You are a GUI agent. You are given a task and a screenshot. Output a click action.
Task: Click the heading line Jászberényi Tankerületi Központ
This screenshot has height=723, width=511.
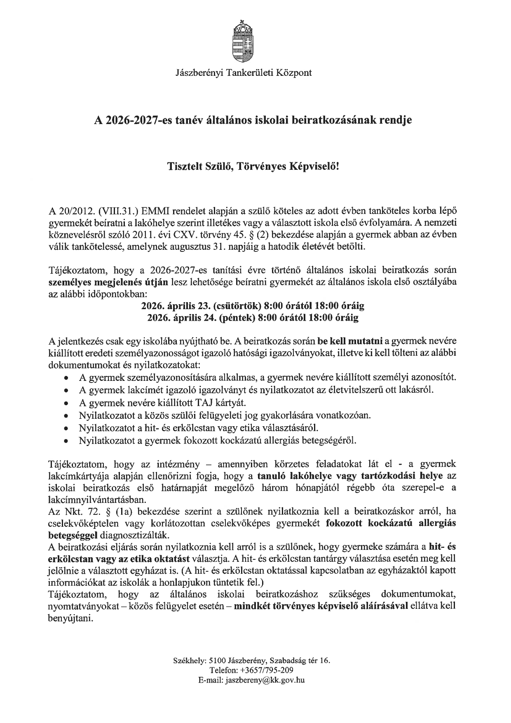pos(244,73)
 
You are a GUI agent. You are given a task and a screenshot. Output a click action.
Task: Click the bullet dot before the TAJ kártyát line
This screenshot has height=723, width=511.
pos(66,403)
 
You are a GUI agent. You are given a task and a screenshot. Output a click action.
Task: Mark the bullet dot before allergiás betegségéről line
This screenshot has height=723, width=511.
pos(66,441)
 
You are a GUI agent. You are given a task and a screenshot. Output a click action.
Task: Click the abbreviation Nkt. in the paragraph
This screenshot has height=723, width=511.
pos(74,512)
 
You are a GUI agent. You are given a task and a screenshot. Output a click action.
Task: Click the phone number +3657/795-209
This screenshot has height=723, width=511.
pos(270,670)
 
